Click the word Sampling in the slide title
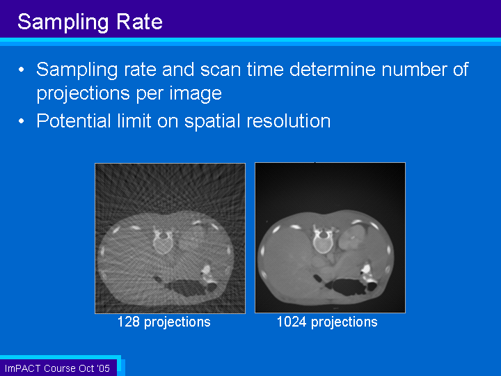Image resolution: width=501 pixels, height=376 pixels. (63, 23)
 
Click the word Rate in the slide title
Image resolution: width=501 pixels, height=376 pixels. (139, 22)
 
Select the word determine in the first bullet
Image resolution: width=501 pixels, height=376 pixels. (333, 70)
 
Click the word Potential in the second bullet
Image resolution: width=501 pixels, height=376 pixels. (74, 121)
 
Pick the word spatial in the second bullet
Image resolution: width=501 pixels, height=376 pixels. (212, 122)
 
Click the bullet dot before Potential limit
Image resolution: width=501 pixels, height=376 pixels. (22, 121)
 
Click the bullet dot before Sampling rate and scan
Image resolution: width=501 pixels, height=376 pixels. (22, 70)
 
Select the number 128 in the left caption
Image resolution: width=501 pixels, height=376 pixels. (129, 322)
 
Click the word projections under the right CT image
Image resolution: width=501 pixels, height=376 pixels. (344, 322)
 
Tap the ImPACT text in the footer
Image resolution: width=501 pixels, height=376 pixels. (23, 368)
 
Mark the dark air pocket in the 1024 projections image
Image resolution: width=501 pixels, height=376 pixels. (349, 286)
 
